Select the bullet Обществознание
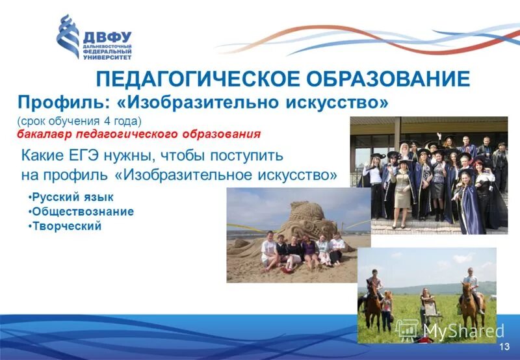pyautogui.click(x=83, y=211)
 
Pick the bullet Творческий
pyautogui.click(x=66, y=225)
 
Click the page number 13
pyautogui.click(x=504, y=348)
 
